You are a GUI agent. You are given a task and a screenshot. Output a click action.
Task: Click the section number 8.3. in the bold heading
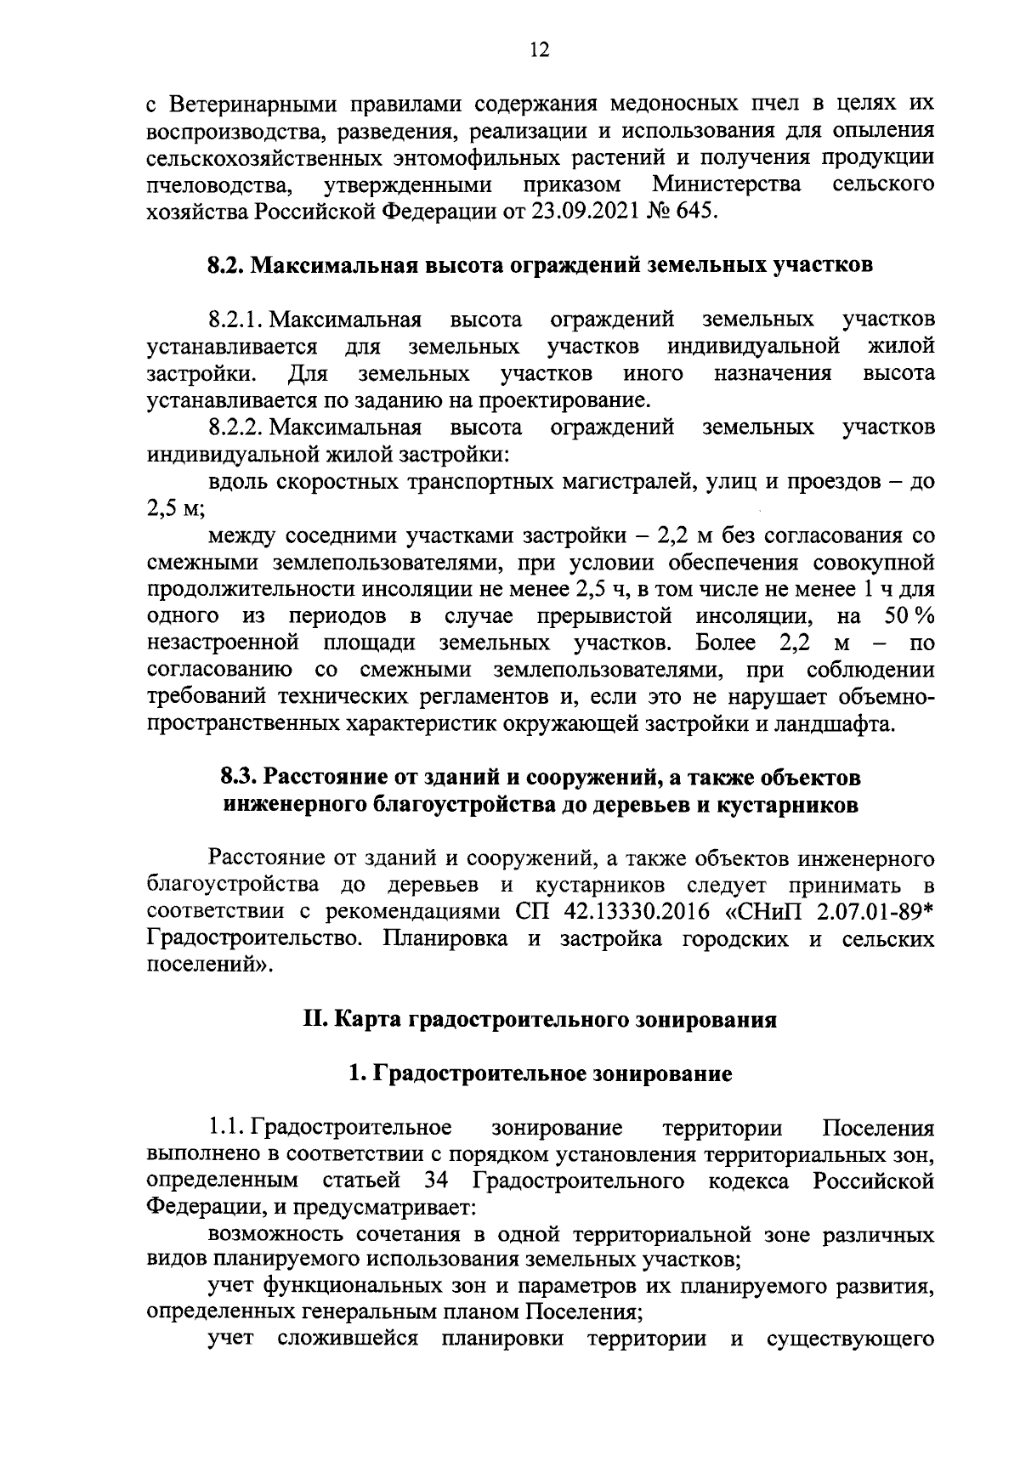239,778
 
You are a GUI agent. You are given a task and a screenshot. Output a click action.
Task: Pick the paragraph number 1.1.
227,1129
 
